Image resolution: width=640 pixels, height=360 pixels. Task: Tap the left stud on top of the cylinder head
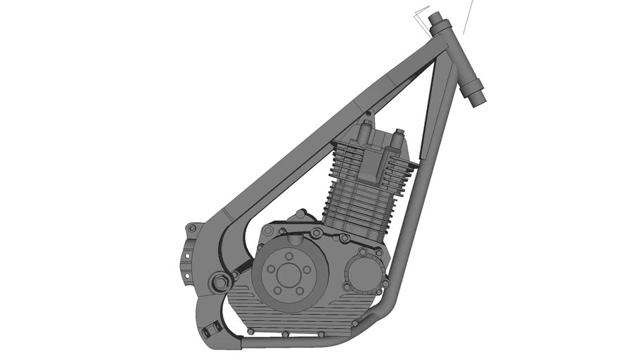[365, 129]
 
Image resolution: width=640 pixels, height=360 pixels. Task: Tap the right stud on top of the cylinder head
[399, 135]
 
